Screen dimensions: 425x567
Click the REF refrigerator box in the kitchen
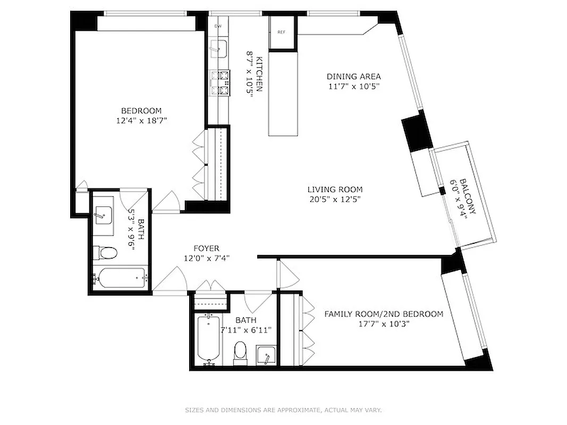[x=281, y=32]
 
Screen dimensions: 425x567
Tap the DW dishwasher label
[x=218, y=26]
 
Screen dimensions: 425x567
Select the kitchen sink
[x=218, y=49]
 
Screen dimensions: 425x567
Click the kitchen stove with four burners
[x=220, y=83]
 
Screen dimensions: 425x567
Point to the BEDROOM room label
[x=141, y=110]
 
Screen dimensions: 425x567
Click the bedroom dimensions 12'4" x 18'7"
[x=141, y=121]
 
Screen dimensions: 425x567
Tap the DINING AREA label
[x=353, y=76]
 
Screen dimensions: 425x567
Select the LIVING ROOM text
[x=335, y=189]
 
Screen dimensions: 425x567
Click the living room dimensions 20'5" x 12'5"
[x=335, y=199]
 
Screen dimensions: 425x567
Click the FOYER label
[x=206, y=248]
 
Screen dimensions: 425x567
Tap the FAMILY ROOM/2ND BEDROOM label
[x=384, y=314]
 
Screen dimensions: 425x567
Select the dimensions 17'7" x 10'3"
[x=384, y=324]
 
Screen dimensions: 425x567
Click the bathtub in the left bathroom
[x=120, y=278]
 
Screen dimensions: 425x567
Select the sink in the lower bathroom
[x=265, y=355]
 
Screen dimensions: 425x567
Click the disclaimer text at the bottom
[x=283, y=410]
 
